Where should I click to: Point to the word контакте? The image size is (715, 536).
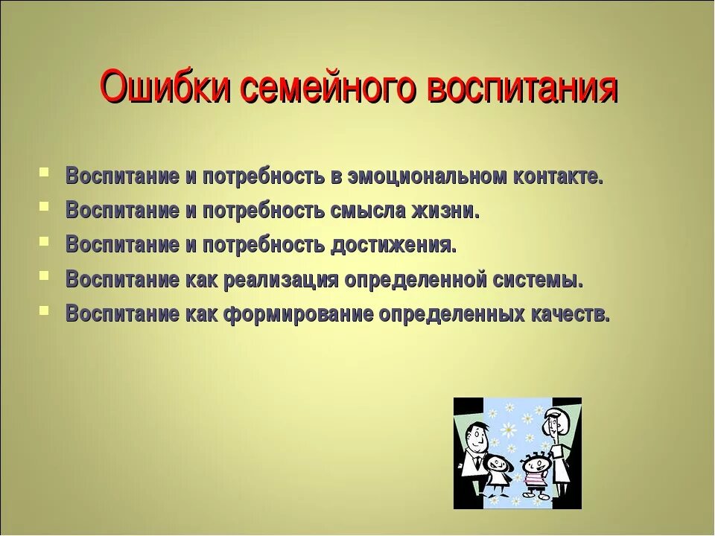[557, 177]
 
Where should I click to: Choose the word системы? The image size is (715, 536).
[538, 280]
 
